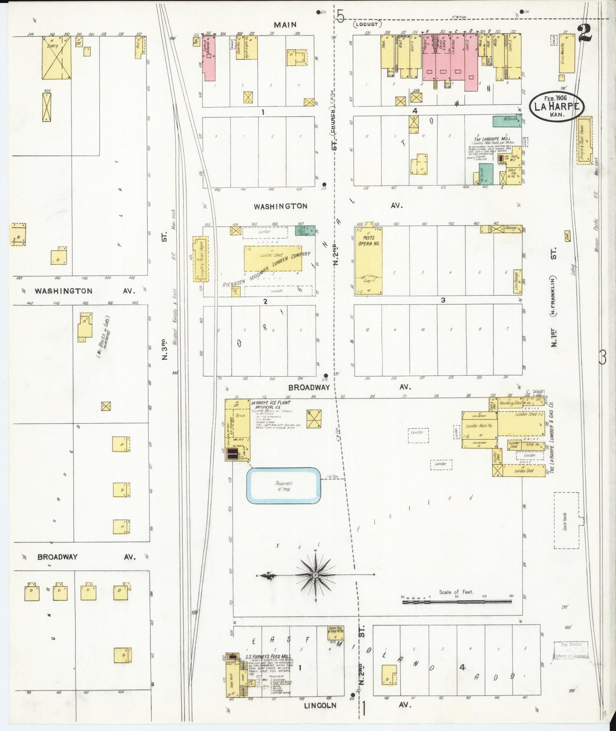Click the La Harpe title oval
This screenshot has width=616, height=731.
pyautogui.click(x=556, y=106)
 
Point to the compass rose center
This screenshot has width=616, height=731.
pyautogui.click(x=315, y=575)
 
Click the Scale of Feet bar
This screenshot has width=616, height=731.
pyautogui.click(x=457, y=601)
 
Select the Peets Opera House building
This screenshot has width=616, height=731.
pyautogui.click(x=369, y=261)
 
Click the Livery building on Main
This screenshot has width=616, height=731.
pyautogui.click(x=56, y=58)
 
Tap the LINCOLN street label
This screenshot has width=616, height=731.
pyautogui.click(x=320, y=705)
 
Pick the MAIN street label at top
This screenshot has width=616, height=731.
pyautogui.click(x=285, y=25)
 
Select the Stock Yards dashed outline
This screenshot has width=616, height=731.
pyautogui.click(x=566, y=520)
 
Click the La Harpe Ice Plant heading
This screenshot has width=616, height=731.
pyautogui.click(x=270, y=403)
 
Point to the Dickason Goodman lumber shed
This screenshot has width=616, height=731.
pyautogui.click(x=272, y=258)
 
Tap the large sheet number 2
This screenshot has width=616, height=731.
pyautogui.click(x=585, y=33)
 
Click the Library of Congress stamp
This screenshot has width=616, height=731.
pyautogui.click(x=570, y=650)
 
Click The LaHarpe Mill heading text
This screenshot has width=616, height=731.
pyautogui.click(x=492, y=139)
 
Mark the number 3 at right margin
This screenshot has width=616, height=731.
pyautogui.click(x=602, y=357)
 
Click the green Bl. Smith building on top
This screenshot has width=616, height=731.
pyautogui.click(x=507, y=121)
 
